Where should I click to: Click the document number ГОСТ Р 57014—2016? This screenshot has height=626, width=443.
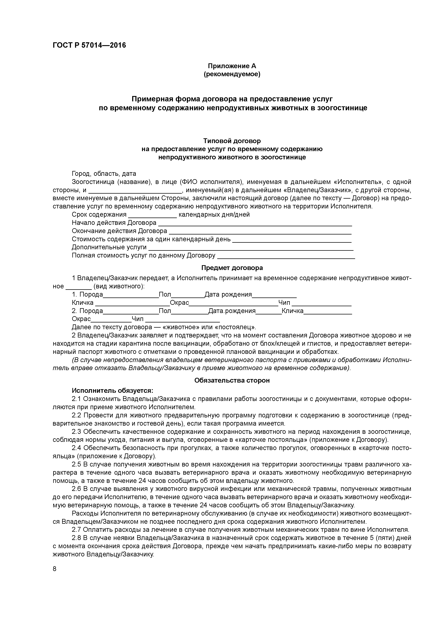(89, 45)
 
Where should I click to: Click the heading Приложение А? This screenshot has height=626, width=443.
(232, 66)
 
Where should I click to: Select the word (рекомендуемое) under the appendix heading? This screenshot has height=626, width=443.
(232, 74)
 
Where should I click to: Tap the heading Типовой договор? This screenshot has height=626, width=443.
(232, 141)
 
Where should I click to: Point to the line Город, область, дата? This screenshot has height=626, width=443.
(104, 174)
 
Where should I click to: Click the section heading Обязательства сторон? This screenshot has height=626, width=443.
(232, 380)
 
